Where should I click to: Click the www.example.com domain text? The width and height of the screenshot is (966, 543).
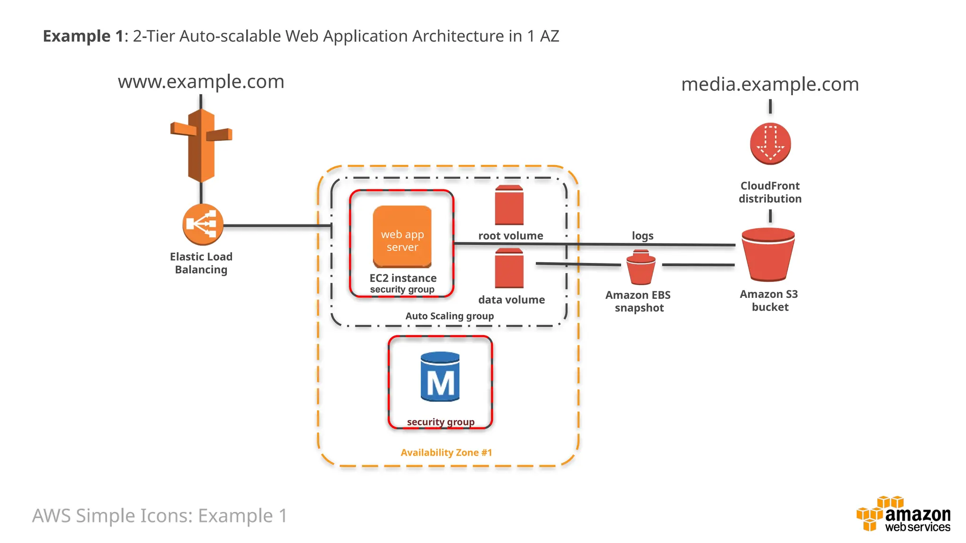click(201, 82)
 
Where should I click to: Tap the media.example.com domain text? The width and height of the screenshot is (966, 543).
click(770, 85)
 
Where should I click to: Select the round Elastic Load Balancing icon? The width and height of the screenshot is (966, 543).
click(203, 224)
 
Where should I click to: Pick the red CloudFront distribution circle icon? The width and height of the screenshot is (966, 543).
click(770, 144)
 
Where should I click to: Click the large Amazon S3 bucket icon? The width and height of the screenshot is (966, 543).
click(768, 255)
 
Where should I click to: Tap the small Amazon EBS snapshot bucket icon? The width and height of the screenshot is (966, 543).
click(641, 267)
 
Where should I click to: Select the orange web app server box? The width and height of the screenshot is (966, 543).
click(402, 237)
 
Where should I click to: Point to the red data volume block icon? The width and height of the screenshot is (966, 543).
click(509, 269)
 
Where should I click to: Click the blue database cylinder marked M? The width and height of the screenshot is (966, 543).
click(440, 377)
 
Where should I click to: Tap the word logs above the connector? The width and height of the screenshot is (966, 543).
click(642, 236)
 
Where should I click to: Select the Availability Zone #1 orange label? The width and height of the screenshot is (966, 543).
click(446, 452)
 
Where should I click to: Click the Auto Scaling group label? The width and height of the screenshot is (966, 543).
click(450, 316)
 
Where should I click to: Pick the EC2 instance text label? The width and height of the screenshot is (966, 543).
click(403, 278)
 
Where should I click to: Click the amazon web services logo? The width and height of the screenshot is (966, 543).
click(903, 515)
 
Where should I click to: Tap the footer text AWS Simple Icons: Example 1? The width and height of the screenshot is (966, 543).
click(159, 516)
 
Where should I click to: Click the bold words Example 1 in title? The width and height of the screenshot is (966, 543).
click(83, 36)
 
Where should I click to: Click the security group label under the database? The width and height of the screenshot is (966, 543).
click(441, 422)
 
